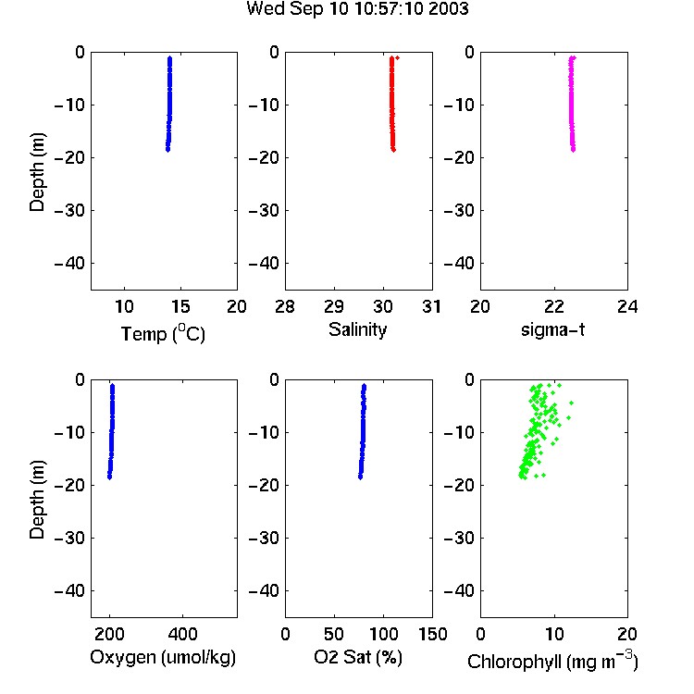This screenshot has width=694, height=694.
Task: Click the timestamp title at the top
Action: [x=357, y=8]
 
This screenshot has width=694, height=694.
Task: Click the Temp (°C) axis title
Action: [x=163, y=333]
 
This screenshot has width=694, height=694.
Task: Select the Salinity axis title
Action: [x=357, y=329]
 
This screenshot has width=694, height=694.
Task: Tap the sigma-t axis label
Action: [x=552, y=329]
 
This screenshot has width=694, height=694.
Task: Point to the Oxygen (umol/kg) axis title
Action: [x=163, y=657]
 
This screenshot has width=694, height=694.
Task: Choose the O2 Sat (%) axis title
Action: [x=358, y=657]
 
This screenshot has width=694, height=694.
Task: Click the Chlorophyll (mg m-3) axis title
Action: [x=552, y=661]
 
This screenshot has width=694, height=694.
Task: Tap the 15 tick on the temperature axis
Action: [x=180, y=306]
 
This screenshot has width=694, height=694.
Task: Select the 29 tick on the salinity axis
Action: [x=334, y=306]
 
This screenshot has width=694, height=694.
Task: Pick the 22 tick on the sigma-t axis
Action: [x=553, y=306]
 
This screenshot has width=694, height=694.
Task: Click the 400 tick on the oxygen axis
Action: [x=182, y=634]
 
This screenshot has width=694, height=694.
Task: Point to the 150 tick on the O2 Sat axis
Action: [x=432, y=634]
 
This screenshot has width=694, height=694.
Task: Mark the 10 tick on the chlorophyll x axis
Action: [x=553, y=634]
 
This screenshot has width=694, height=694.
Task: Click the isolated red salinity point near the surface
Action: [x=398, y=58]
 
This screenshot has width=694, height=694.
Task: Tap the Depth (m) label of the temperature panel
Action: [x=37, y=172]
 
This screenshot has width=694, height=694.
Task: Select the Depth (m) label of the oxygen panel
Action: [x=37, y=500]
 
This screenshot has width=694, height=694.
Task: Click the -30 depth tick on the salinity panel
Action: [x=265, y=210]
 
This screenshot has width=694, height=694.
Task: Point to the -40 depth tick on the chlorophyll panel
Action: [x=459, y=590]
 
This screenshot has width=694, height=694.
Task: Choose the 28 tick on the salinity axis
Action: [x=285, y=306]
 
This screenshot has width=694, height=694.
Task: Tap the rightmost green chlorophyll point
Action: [x=572, y=403]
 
